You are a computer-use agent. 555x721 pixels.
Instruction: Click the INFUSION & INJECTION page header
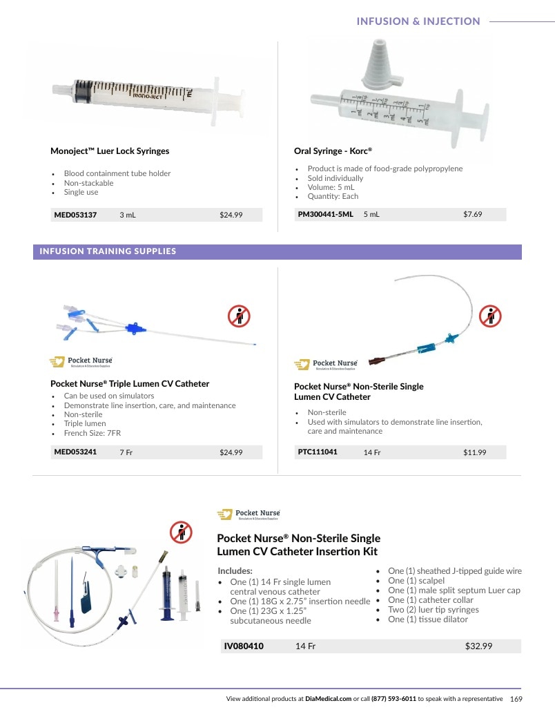click(418, 21)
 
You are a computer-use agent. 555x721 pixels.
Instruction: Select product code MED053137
click(75, 215)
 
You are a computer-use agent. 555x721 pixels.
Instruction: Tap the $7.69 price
click(472, 214)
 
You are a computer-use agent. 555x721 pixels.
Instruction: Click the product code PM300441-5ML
click(325, 214)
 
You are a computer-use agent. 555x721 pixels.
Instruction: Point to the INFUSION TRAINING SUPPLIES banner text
click(108, 251)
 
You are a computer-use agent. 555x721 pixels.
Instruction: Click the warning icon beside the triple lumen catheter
click(239, 316)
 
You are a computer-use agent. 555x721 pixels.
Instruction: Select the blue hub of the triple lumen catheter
click(134, 329)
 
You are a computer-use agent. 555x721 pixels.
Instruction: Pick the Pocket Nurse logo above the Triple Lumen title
click(81, 362)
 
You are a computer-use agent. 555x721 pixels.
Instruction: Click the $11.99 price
click(475, 452)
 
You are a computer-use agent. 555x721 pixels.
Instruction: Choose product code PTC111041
click(318, 452)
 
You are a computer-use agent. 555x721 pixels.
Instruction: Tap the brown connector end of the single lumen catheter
click(376, 361)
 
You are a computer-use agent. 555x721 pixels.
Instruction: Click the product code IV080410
click(244, 646)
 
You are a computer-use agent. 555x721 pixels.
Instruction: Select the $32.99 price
click(478, 646)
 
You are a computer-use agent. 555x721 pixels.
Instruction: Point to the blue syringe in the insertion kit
click(166, 593)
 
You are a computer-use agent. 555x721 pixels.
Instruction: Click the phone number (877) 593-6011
click(393, 699)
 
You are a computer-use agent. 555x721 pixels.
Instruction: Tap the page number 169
click(516, 699)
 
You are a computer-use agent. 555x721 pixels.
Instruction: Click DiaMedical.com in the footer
click(329, 699)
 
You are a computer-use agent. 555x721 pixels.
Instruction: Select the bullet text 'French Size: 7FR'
click(92, 433)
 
